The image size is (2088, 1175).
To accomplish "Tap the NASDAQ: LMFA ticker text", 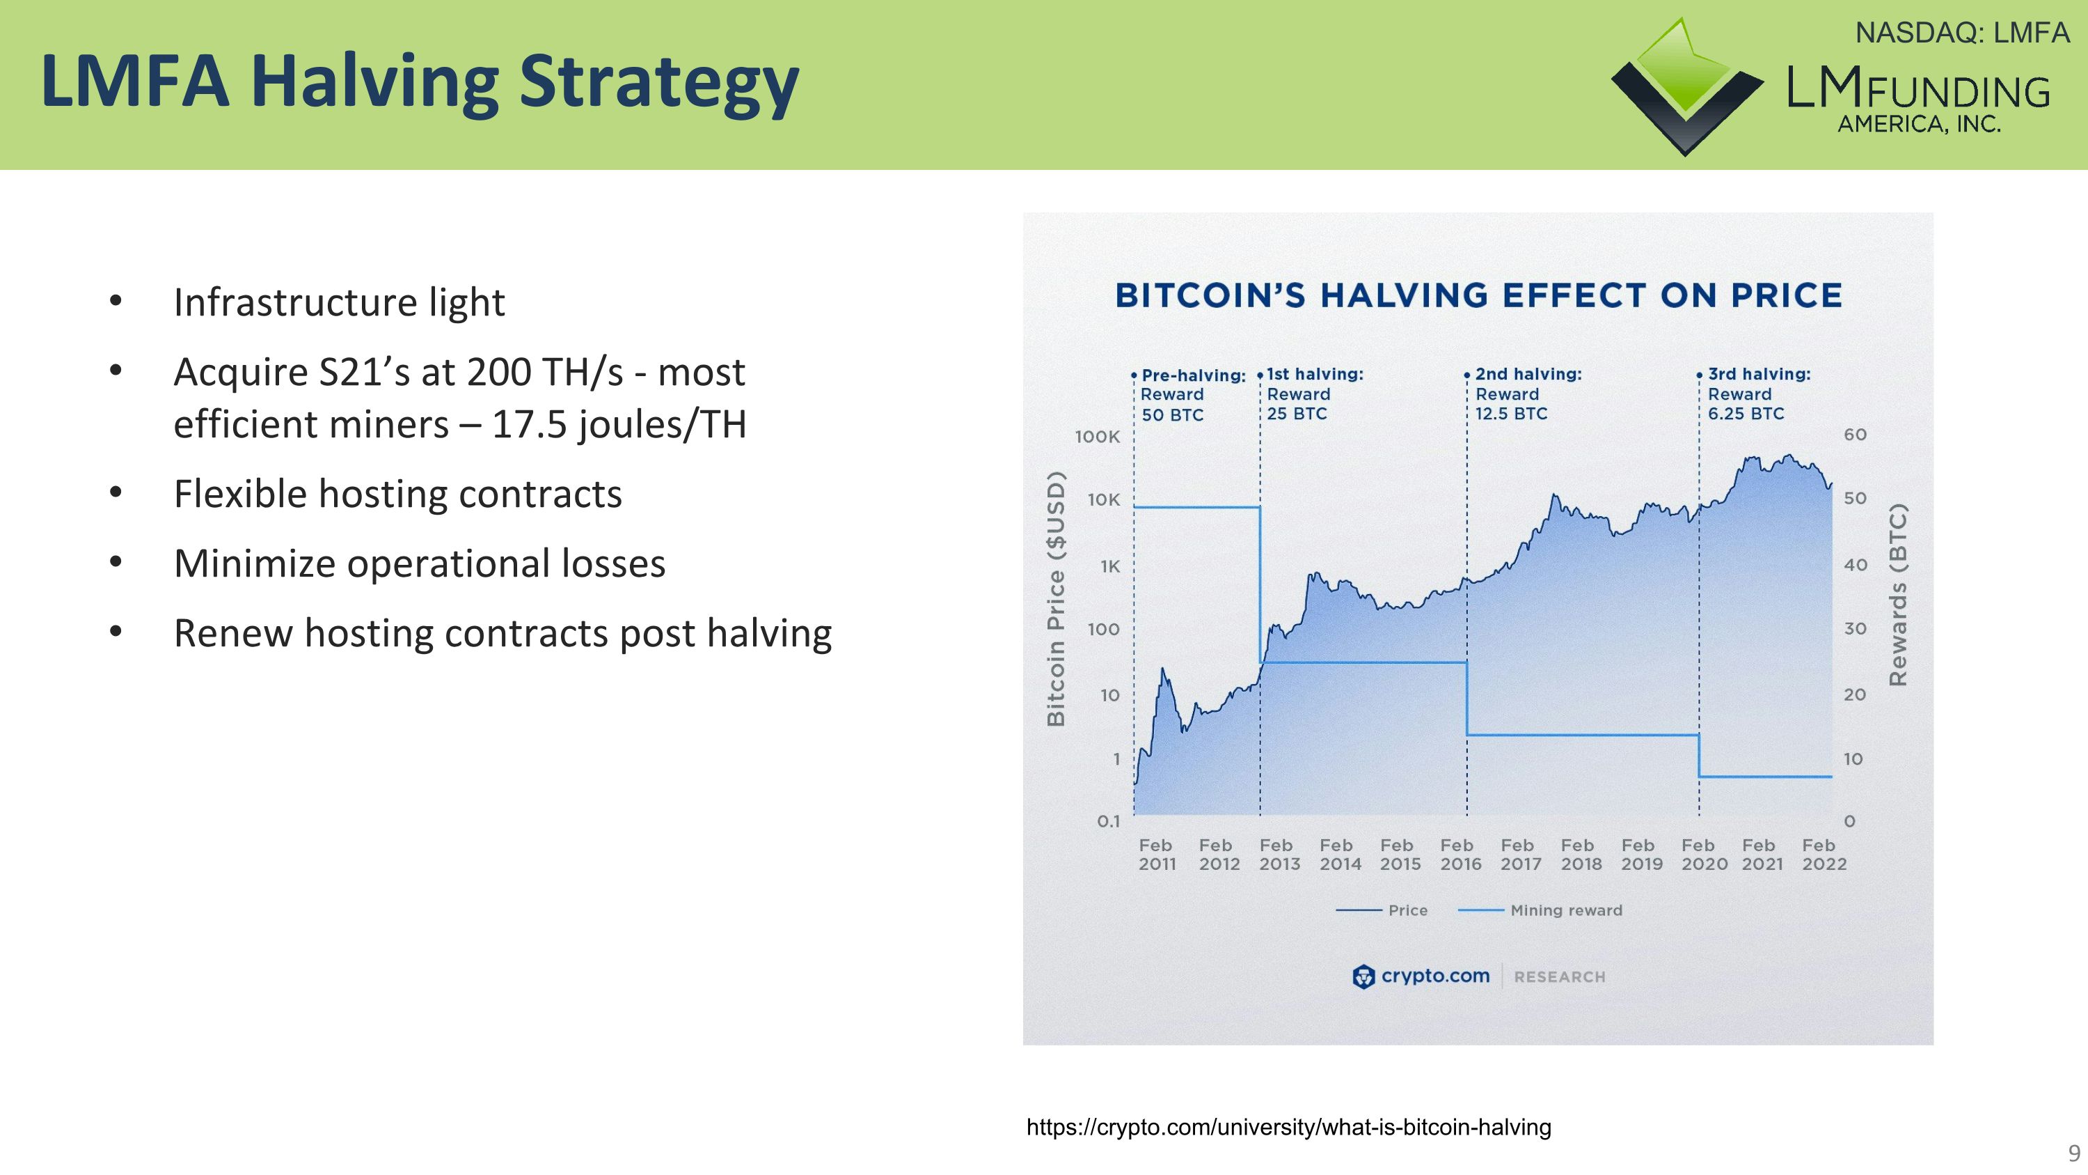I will [1962, 33].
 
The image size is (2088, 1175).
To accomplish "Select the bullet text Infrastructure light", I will [339, 302].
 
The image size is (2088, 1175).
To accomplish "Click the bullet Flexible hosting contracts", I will [397, 494].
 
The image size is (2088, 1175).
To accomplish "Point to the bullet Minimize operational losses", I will [419, 563].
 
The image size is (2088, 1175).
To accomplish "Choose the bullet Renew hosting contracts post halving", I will [502, 633].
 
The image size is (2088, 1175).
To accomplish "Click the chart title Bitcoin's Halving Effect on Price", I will [1478, 295].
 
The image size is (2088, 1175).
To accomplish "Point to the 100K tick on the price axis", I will [1097, 437].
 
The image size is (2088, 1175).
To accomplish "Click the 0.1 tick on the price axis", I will [1108, 821].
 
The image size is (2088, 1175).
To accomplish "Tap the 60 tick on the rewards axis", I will [1856, 435].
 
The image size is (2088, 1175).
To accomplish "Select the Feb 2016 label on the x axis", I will [1460, 855].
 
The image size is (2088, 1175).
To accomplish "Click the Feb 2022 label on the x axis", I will [1823, 855].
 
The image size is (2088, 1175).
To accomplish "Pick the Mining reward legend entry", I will [1565, 910].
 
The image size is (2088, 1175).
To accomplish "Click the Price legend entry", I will [1407, 910].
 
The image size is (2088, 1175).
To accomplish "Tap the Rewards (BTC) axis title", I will [1898, 596].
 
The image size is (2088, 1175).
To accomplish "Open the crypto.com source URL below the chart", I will [1288, 1127].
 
